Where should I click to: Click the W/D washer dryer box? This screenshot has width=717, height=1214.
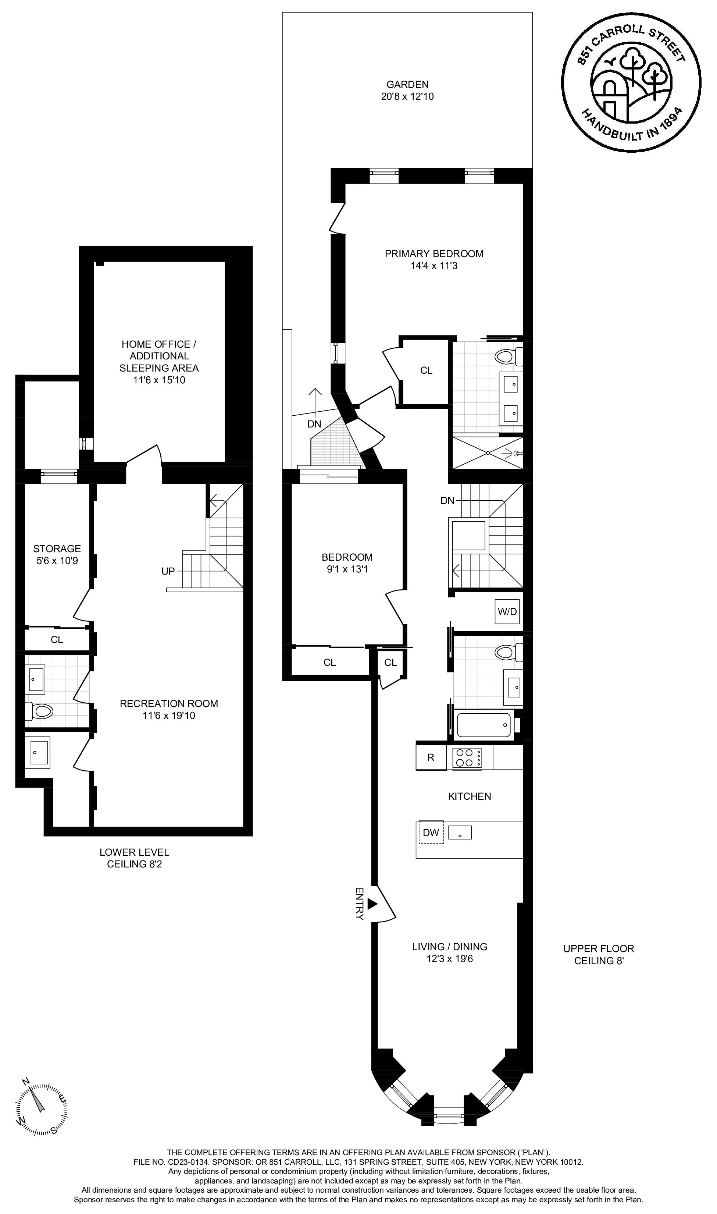coord(507,611)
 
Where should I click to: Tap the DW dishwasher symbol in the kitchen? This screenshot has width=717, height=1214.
coord(431,832)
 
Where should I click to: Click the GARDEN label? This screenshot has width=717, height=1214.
coord(407,84)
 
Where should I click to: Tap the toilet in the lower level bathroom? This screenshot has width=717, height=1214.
coord(42,711)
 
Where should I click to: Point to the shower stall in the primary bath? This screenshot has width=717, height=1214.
coord(487,453)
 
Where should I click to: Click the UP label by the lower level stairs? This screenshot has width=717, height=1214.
coord(168,571)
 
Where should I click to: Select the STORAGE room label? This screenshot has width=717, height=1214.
coord(57,549)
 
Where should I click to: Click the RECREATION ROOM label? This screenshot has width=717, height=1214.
coord(169,704)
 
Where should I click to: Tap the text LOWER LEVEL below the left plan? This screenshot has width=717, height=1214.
coord(134,852)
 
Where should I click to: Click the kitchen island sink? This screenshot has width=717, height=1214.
coord(460,832)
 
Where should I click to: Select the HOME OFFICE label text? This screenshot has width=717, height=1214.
coord(159,344)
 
